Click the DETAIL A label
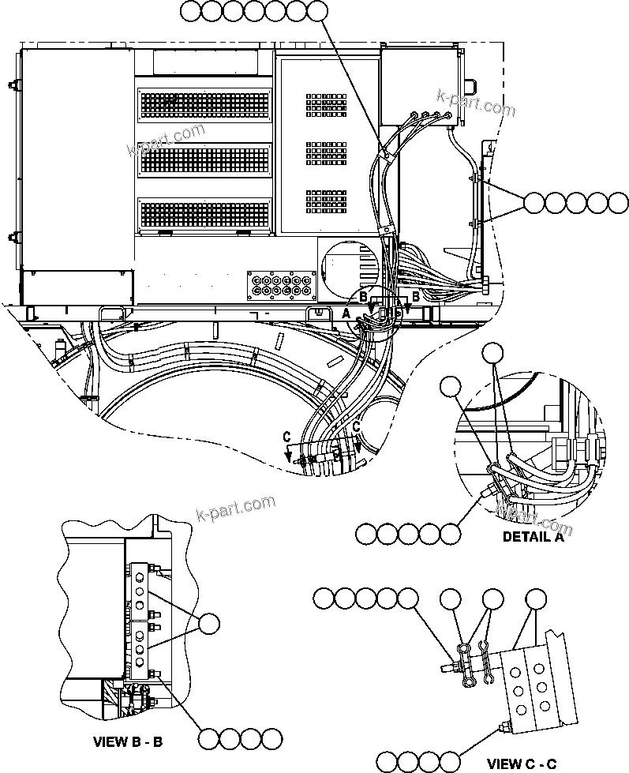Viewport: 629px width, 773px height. (x=534, y=537)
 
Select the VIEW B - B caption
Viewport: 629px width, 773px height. (x=129, y=742)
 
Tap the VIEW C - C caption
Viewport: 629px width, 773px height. (x=522, y=764)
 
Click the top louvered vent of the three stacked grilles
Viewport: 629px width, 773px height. (x=204, y=102)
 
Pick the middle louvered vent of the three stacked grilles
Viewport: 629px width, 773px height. (x=204, y=158)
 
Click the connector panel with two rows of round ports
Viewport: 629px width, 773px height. (x=278, y=284)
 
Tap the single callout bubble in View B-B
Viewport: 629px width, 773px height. (x=209, y=624)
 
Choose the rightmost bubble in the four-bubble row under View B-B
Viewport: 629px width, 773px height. (x=271, y=739)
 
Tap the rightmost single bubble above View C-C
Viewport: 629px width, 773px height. (x=536, y=599)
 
